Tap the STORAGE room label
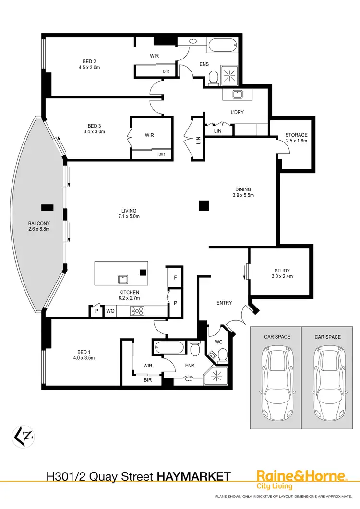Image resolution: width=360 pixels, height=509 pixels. click(x=296, y=135)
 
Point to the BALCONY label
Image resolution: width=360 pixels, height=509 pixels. click(x=39, y=224)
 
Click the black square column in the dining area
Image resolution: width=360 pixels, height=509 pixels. click(x=204, y=206)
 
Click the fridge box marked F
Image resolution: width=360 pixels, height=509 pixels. click(x=175, y=278)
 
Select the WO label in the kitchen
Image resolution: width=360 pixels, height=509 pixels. click(x=110, y=311)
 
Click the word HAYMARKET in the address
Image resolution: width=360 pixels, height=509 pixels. click(x=194, y=476)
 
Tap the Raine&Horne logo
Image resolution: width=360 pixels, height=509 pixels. click(x=301, y=476)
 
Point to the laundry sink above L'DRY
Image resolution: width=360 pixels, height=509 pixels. click(x=236, y=95)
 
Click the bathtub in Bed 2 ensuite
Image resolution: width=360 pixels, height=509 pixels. click(x=223, y=46)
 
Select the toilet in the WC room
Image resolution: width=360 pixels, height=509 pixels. click(x=222, y=355)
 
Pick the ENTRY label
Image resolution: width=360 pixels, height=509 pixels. click(x=224, y=303)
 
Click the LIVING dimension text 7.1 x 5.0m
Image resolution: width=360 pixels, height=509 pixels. click(x=129, y=217)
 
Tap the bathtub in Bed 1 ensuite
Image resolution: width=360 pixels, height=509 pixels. click(x=168, y=346)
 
